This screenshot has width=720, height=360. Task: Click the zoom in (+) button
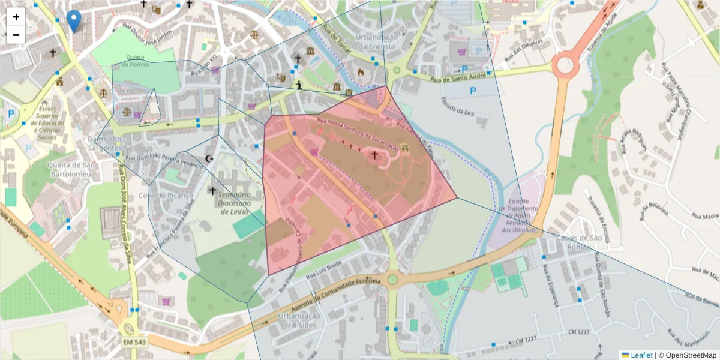click(16, 17)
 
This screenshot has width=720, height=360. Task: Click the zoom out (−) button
click(16, 35)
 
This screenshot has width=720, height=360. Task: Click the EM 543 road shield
click(134, 342)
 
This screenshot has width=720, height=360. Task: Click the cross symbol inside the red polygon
click(375, 155)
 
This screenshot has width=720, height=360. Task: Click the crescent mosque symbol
click(209, 158)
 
